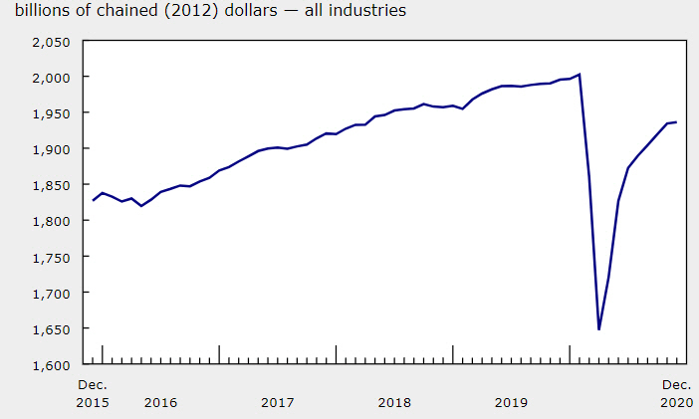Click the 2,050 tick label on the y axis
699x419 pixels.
click(x=50, y=42)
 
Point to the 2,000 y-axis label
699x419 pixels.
click(x=50, y=78)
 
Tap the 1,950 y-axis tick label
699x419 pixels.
click(x=50, y=113)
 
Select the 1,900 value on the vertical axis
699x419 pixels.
click(x=50, y=149)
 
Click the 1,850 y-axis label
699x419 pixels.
click(x=50, y=185)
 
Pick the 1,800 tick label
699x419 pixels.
click(x=50, y=221)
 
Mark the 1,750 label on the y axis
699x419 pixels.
click(x=50, y=257)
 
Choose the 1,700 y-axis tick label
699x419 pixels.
click(x=50, y=294)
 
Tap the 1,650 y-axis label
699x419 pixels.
click(x=50, y=329)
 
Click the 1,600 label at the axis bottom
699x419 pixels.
click(x=50, y=365)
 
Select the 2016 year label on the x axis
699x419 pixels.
click(x=160, y=403)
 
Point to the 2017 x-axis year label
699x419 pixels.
click(x=278, y=403)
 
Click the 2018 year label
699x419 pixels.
click(x=394, y=403)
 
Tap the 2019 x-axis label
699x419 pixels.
click(x=512, y=403)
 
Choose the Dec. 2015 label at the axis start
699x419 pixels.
click(x=93, y=394)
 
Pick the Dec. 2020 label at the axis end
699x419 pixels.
click(x=677, y=394)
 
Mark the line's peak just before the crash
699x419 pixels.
click(x=580, y=74)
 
